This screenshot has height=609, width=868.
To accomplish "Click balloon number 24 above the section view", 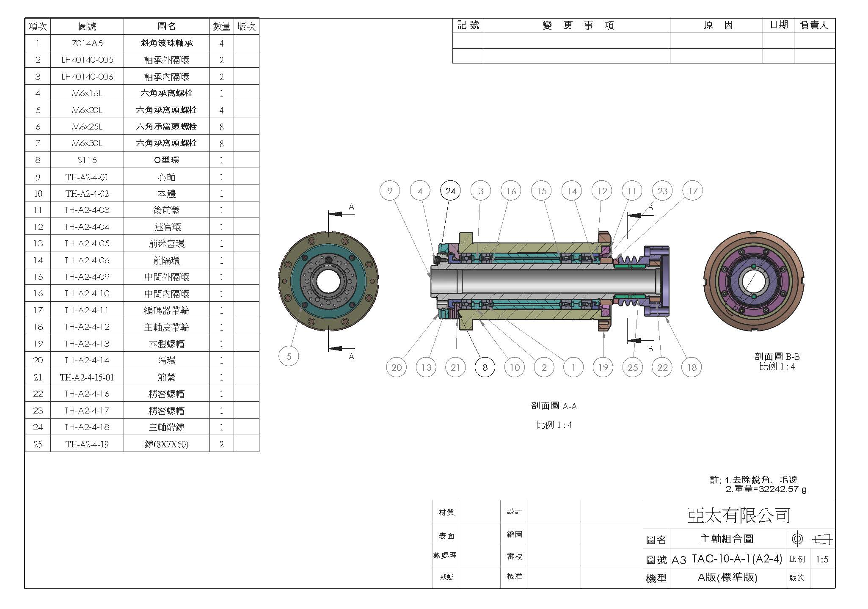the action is click(x=450, y=191).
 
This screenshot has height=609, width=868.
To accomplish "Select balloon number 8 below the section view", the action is click(x=485, y=367).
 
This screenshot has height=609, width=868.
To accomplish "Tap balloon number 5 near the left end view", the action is click(x=289, y=356).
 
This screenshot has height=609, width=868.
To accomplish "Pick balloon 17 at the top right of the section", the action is click(x=692, y=191).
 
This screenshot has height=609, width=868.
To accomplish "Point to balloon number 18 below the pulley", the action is click(x=692, y=367).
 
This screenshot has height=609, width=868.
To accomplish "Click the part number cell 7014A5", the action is click(x=87, y=43).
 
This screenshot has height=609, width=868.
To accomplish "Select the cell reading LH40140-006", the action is click(x=87, y=77).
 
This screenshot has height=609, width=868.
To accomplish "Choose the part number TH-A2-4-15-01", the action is click(x=87, y=377).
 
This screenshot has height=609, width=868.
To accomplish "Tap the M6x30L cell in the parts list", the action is click(x=87, y=143).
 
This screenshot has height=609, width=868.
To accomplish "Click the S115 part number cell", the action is click(x=87, y=160).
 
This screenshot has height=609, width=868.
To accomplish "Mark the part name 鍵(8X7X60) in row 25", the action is click(x=167, y=444).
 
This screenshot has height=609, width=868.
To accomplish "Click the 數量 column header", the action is click(x=222, y=27).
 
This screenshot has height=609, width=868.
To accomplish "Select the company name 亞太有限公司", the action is click(x=739, y=515).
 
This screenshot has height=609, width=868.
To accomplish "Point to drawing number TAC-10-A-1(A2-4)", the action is click(x=737, y=559).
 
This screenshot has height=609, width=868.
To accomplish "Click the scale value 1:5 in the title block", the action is click(x=822, y=559).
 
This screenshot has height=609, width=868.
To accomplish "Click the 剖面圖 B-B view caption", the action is click(x=777, y=357).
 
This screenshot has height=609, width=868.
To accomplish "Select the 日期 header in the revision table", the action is click(x=779, y=25).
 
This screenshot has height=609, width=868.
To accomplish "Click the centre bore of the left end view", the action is click(x=328, y=281).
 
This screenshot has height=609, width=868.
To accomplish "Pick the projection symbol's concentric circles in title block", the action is click(x=797, y=539).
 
